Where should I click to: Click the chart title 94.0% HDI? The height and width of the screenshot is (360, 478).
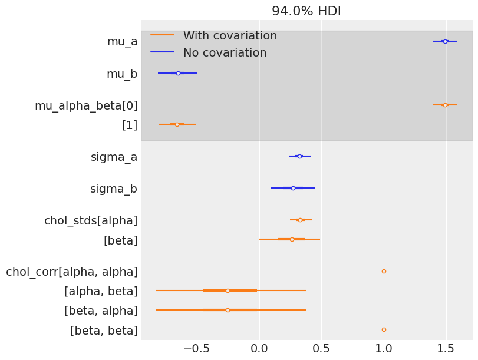click(306, 11)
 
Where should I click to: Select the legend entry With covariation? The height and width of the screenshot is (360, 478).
click(230, 36)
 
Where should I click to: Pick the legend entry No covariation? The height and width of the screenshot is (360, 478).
click(225, 53)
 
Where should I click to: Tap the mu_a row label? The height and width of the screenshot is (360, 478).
click(122, 41)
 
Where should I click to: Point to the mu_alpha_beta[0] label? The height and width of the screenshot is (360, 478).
click(86, 106)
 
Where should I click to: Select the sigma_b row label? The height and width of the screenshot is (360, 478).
click(113, 189)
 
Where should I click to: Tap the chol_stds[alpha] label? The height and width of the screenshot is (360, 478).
click(91, 221)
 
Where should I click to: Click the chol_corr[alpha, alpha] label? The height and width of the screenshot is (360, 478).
click(72, 272)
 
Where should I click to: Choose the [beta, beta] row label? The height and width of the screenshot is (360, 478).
click(104, 331)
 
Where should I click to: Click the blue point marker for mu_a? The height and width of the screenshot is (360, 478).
click(445, 41)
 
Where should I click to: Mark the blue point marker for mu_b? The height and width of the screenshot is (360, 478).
click(178, 73)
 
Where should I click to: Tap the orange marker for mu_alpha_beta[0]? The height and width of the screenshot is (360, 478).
click(445, 105)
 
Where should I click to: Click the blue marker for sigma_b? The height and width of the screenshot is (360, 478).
click(293, 188)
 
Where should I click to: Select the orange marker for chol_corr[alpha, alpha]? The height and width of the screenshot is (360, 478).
click(384, 272)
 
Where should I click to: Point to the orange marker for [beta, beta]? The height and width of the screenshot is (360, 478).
click(384, 330)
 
